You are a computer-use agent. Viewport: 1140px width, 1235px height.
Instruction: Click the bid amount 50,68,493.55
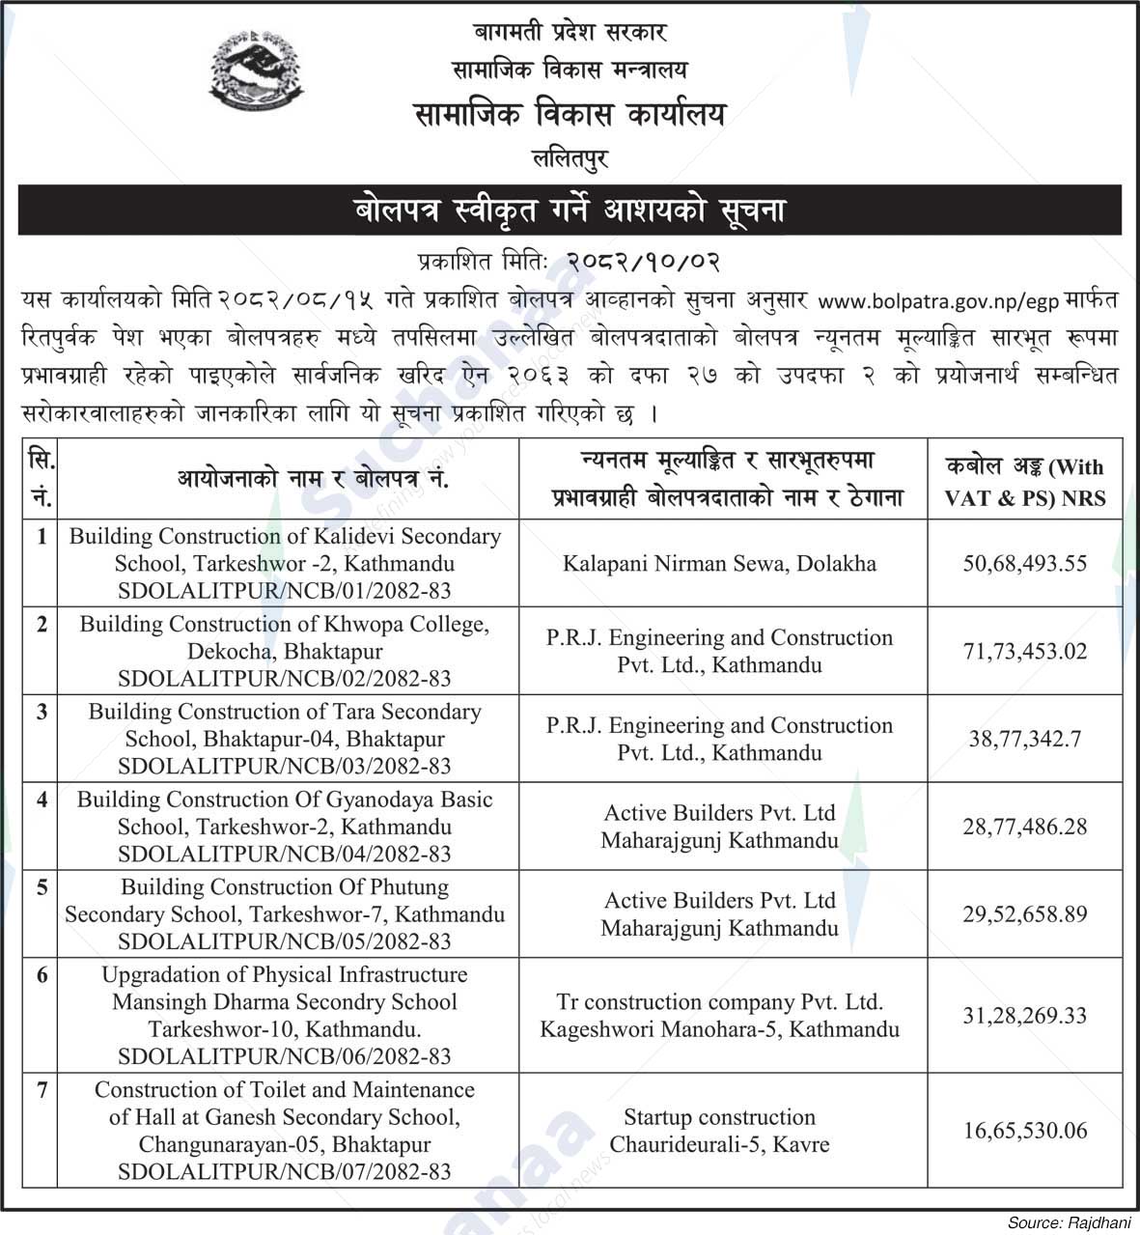[1024, 563]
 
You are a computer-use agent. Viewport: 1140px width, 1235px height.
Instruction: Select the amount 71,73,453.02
[1024, 651]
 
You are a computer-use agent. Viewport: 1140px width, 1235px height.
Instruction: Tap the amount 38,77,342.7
[1024, 739]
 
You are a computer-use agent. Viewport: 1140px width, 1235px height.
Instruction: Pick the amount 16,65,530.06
[1024, 1130]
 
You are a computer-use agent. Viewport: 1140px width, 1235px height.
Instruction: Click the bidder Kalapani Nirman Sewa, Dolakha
[719, 563]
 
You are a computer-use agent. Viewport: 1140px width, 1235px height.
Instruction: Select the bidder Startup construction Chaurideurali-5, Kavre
[719, 1131]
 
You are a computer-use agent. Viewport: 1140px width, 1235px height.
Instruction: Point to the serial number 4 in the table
[42, 800]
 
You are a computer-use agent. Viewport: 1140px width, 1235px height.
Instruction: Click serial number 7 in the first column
[42, 1090]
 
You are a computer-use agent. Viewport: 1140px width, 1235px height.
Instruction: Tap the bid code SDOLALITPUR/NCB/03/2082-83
[285, 767]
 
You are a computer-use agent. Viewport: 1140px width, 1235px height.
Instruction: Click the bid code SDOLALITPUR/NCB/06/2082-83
[285, 1056]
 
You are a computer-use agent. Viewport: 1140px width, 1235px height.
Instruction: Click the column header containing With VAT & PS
[1024, 482]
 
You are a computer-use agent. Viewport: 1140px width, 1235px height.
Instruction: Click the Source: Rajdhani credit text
[1069, 1222]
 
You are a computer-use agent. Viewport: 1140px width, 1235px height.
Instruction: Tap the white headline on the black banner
[570, 211]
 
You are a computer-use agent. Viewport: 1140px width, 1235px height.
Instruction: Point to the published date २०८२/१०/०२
[644, 262]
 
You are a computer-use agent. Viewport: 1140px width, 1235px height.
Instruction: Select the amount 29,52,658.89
[1024, 913]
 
